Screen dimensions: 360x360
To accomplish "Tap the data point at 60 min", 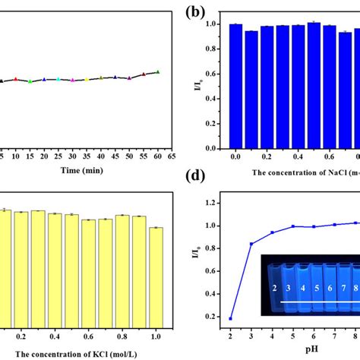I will pyautogui.click(x=158, y=71).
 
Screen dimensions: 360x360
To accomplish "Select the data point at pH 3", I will pyautogui.click(x=252, y=244).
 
